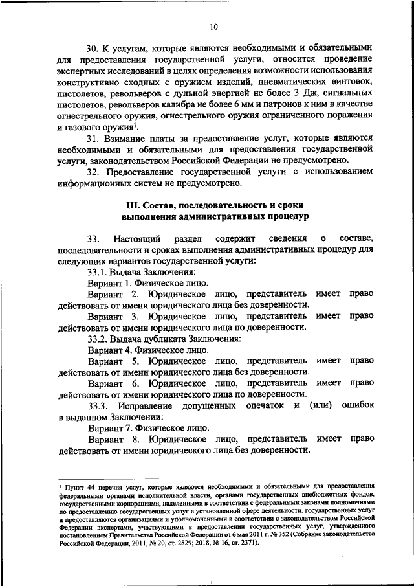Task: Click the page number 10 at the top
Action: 214,27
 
